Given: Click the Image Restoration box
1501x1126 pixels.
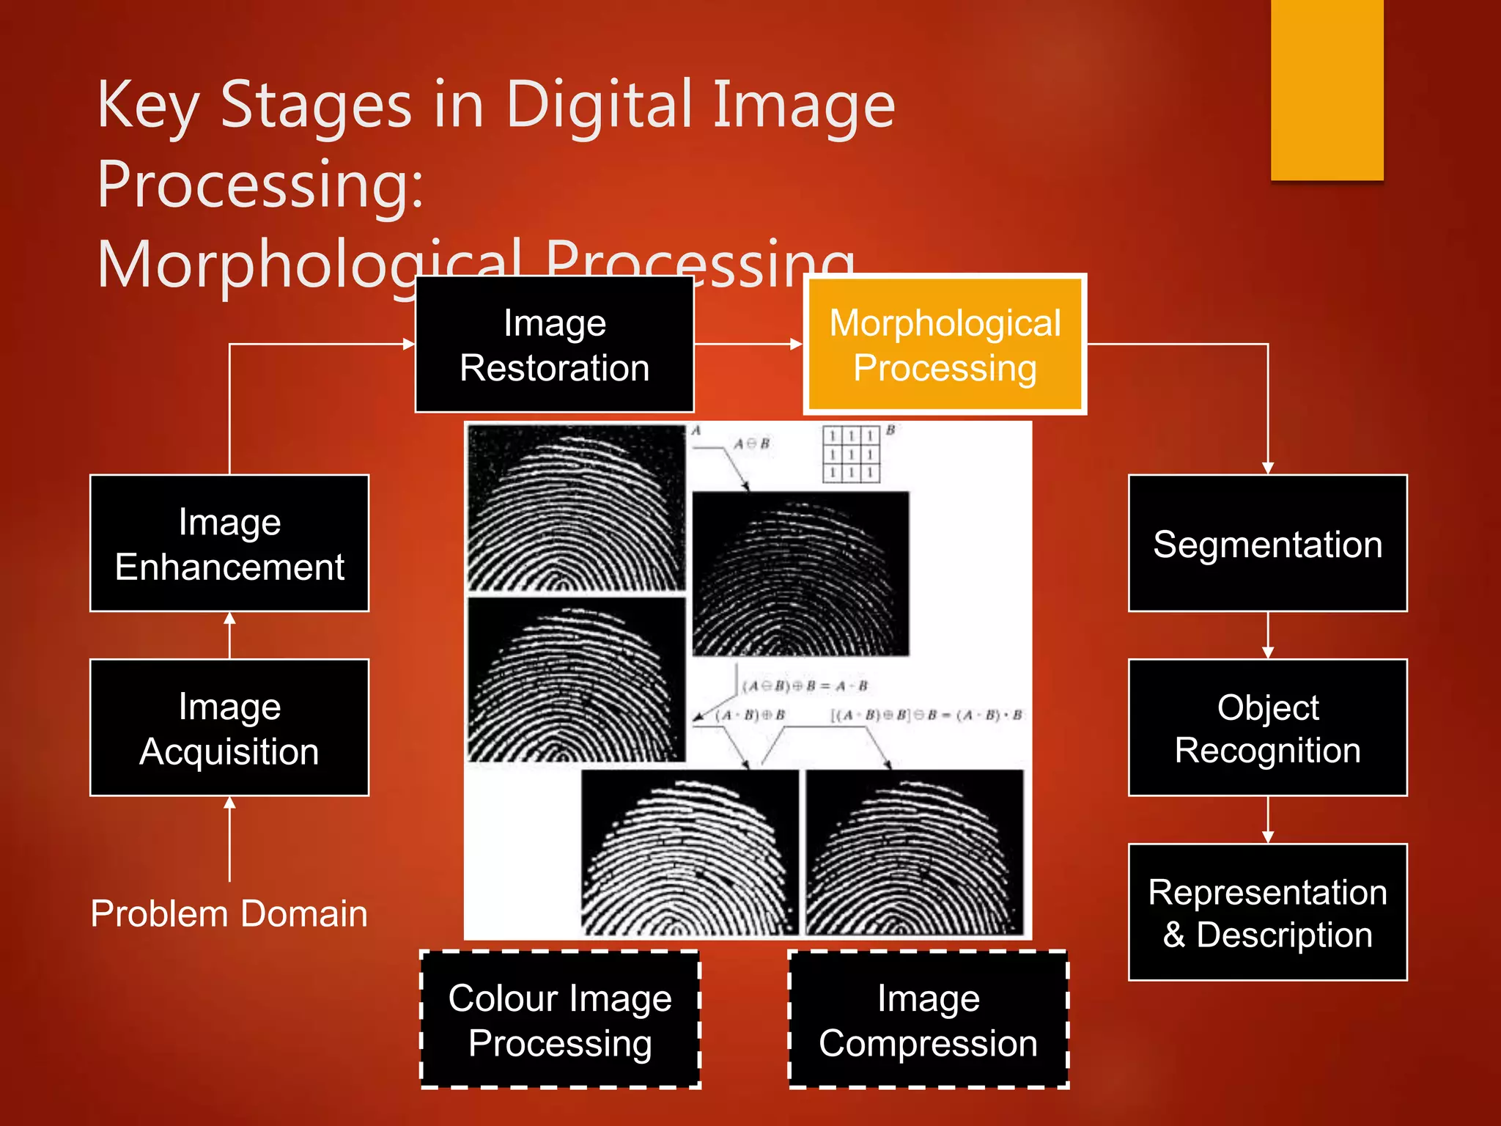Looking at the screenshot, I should pos(554,345).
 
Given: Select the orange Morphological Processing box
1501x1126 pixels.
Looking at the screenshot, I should pos(945,345).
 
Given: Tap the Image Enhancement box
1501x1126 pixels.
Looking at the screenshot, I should pos(229,543).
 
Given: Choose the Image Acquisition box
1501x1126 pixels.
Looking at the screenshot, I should pos(229,727).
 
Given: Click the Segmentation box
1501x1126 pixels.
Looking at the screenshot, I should pos(1267,543).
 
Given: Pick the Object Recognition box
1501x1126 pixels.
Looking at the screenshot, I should pos(1267,727).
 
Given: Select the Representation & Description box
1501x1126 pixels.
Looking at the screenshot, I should pos(1267,912).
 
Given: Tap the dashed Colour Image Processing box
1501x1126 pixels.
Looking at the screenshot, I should pos(560,1020).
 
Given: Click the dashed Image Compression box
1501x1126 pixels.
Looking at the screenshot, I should pos(928,1020).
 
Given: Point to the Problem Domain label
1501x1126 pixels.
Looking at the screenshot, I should pos(229,913).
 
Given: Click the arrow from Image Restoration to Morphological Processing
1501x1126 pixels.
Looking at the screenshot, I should pos(748,344).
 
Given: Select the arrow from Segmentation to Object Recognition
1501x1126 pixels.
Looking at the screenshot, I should pos(1268,635).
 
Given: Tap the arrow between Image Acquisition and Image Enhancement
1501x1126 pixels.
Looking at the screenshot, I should pos(229,635).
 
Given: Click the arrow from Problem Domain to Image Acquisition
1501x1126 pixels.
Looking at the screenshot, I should pos(229,839).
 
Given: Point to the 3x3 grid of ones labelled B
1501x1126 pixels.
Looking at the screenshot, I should pos(851,455).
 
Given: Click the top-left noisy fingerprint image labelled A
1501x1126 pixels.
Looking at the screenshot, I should pos(576,507).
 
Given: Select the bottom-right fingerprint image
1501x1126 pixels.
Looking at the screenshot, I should pos(914,852).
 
